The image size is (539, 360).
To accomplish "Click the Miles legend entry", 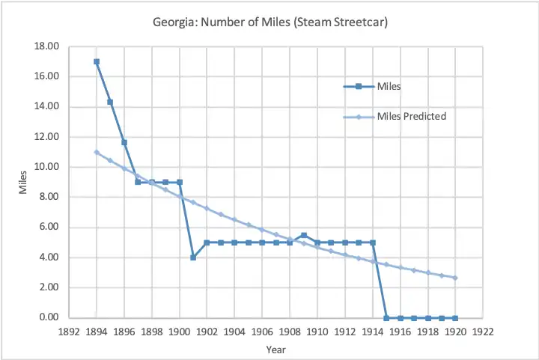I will click(389, 86).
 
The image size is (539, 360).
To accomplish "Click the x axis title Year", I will click(276, 349).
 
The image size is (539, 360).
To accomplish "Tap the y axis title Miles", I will click(23, 182).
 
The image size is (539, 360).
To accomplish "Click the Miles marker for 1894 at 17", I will click(97, 61).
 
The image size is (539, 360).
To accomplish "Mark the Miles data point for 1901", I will click(193, 257).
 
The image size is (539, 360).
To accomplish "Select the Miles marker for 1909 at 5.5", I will click(303, 235).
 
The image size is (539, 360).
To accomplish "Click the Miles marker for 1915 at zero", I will click(386, 318).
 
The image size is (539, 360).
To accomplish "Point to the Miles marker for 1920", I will click(455, 318).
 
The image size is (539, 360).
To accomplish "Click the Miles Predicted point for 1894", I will click(97, 152).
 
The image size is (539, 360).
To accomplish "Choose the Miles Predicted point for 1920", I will click(455, 278).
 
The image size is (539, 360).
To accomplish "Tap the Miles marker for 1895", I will click(110, 102).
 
